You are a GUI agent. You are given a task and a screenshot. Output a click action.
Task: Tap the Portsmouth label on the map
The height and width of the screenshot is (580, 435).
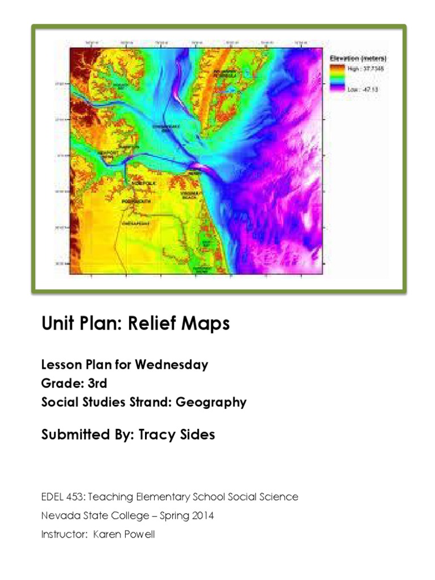(134, 200)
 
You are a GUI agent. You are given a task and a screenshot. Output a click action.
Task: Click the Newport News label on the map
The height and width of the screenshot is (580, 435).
(109, 154)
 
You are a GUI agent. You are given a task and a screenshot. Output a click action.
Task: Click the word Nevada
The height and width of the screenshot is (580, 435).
(57, 515)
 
